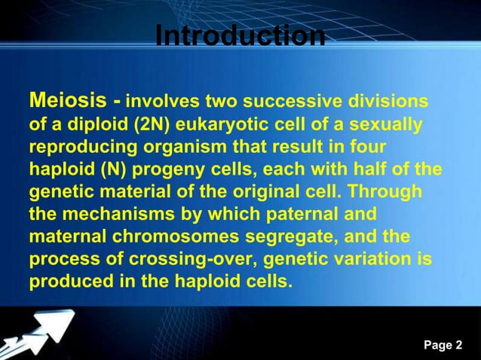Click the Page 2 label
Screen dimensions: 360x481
(x=443, y=346)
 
